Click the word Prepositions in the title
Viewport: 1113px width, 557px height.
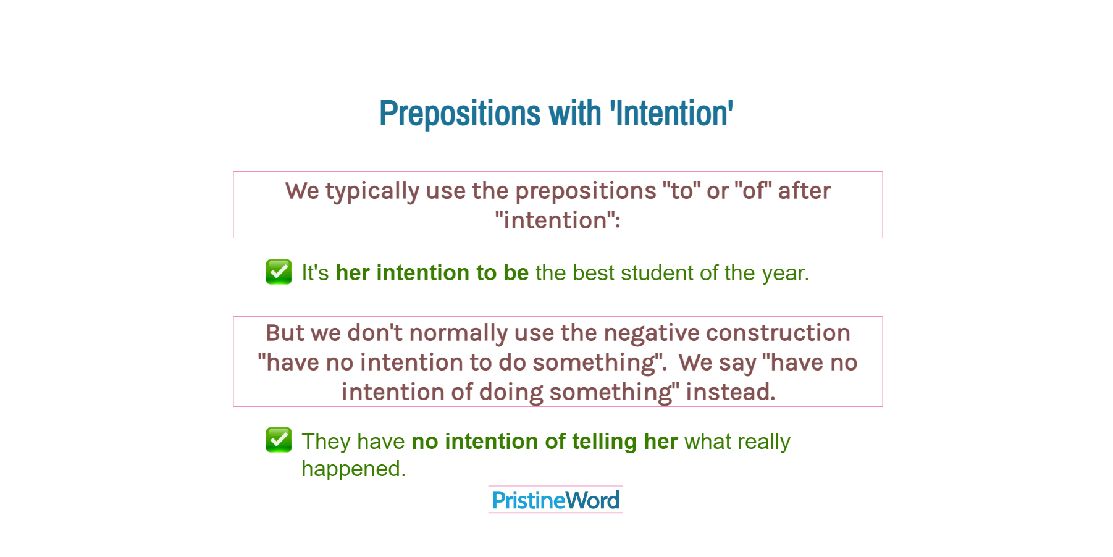[460, 114]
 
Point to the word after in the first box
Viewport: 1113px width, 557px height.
[804, 191]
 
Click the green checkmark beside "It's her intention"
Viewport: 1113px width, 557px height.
[279, 272]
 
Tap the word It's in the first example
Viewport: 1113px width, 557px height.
[315, 273]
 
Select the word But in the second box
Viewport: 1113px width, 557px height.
[284, 333]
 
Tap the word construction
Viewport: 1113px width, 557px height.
[778, 333]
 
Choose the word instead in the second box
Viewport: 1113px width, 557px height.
[731, 393]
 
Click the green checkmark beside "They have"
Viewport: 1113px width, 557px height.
[279, 440]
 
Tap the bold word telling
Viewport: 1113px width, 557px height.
[605, 442]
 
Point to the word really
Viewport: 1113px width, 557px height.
[763, 442]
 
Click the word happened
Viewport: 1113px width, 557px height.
[354, 469]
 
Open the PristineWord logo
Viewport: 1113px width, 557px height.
[555, 500]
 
